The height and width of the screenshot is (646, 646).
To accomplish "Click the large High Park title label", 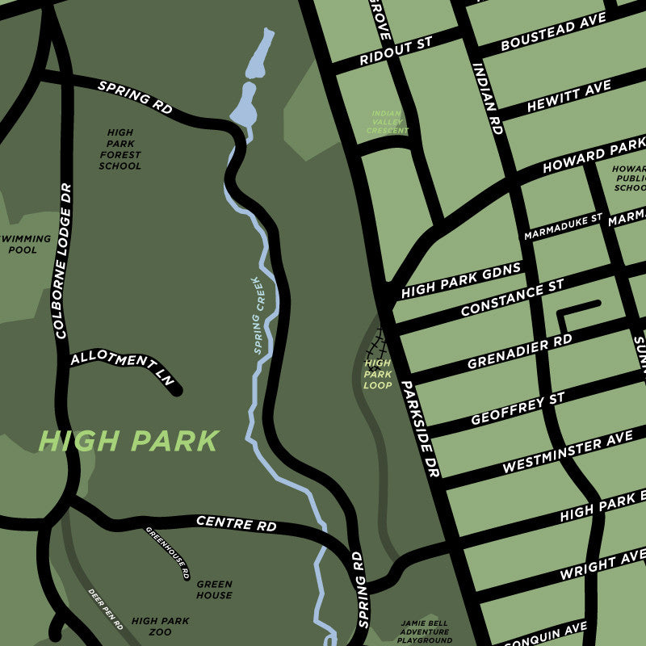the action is point(129,441).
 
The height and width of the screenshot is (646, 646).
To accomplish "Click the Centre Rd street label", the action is point(236,523).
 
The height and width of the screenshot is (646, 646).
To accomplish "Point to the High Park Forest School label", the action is point(120,149).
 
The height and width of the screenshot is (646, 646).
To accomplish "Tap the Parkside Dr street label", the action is point(420,428).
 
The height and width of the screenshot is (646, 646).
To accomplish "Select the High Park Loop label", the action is point(377,374).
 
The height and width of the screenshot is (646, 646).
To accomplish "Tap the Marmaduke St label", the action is point(563,226).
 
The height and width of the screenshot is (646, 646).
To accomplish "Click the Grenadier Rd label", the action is point(519,353).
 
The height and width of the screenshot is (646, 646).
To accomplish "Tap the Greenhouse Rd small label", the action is point(167,552).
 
